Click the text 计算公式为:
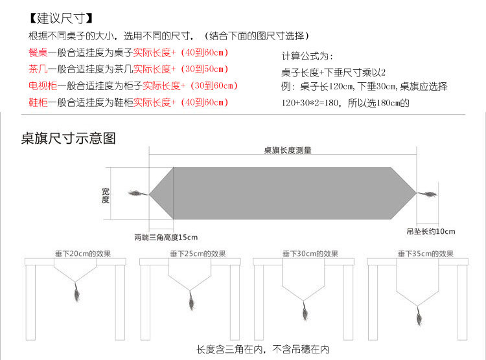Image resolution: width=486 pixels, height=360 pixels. [307, 56]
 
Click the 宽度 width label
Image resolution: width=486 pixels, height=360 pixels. [106, 195]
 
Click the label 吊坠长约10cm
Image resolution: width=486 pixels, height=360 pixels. [431, 231]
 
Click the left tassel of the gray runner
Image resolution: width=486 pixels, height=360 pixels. [137, 193]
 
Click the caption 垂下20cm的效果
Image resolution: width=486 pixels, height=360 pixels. [78, 253]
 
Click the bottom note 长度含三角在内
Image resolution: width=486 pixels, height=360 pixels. [228, 350]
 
